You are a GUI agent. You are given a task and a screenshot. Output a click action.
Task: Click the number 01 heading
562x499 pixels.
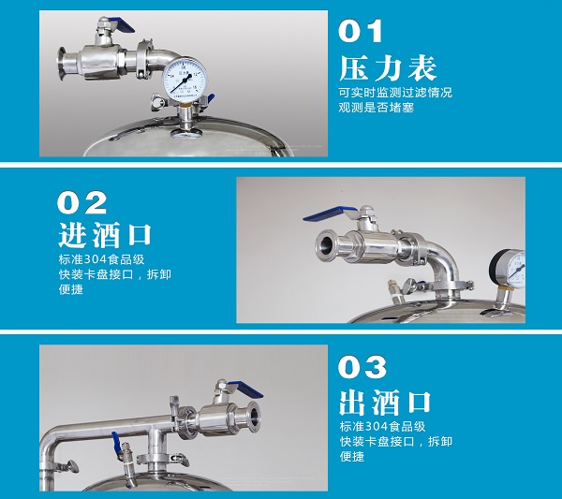click(x=361, y=31)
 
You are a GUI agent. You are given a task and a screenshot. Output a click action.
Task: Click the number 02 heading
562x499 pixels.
click(x=81, y=202)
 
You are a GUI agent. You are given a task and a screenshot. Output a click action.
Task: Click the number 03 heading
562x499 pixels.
click(x=362, y=367)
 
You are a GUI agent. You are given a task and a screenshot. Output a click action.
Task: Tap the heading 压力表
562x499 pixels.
click(x=388, y=68)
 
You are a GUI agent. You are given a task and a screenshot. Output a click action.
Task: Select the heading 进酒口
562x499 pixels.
click(x=105, y=235)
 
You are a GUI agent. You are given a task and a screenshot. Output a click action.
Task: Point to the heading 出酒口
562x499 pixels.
click(x=385, y=403)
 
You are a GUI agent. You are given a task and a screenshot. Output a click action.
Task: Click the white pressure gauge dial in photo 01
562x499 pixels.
click(x=185, y=80)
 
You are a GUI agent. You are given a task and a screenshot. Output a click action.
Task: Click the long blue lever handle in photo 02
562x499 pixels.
click(x=329, y=213)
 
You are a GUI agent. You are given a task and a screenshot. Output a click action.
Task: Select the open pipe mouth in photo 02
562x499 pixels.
click(x=325, y=245)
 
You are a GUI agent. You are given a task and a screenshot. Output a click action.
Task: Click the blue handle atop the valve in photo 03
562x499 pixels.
click(x=244, y=389)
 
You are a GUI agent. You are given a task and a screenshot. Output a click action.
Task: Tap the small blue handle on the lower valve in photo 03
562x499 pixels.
click(x=116, y=442)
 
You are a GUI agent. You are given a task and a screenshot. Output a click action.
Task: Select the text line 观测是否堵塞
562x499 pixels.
click(x=376, y=107)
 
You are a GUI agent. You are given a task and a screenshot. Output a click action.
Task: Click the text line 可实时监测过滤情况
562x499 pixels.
click(x=395, y=93)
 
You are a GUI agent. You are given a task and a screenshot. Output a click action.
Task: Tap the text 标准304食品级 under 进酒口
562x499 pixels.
click(x=101, y=259)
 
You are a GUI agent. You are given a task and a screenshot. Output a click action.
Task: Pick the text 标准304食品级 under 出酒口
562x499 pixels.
click(x=382, y=426)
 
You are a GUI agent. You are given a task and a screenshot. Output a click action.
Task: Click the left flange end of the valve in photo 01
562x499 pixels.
click(x=62, y=63)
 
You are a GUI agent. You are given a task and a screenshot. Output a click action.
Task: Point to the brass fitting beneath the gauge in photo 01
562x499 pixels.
click(x=185, y=104)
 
